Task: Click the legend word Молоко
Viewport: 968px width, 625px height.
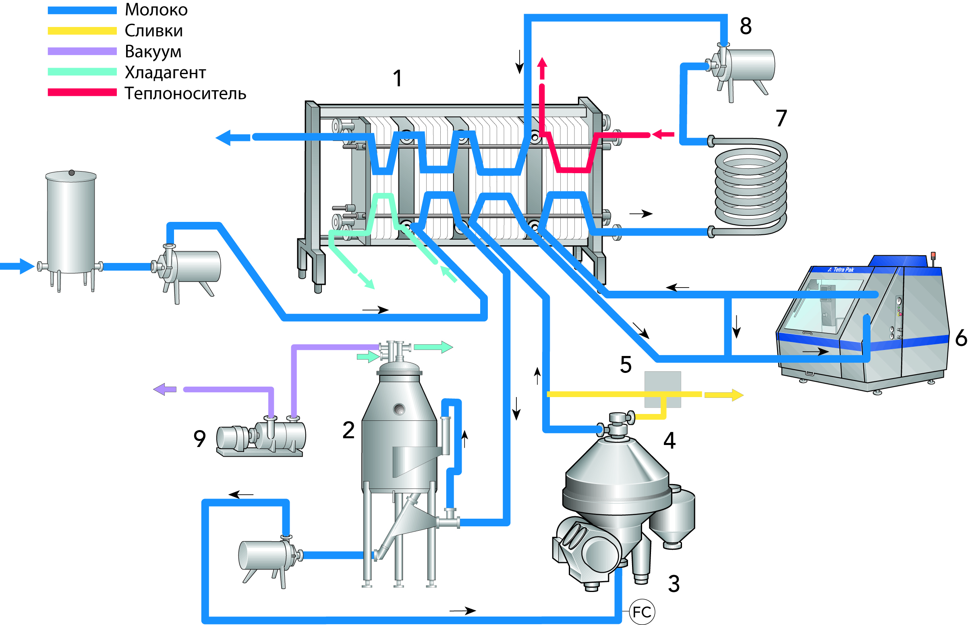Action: tap(156, 10)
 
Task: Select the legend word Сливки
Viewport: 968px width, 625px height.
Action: tap(153, 31)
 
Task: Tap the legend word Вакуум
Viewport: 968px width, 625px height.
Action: tap(153, 52)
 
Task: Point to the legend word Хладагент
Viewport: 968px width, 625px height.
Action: tap(165, 72)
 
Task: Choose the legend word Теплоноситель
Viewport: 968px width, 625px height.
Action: tap(185, 94)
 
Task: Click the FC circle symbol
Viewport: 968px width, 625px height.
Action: tap(641, 612)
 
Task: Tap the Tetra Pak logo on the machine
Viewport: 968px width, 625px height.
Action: tap(841, 269)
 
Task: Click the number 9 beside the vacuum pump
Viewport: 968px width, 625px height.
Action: tap(199, 439)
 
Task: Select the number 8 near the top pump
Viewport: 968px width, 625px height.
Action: tap(746, 26)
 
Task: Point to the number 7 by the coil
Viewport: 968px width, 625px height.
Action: tap(781, 118)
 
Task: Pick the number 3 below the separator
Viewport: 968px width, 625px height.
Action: tap(674, 584)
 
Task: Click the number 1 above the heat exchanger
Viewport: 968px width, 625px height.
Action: tap(397, 79)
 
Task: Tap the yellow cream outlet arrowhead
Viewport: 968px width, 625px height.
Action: tap(737, 395)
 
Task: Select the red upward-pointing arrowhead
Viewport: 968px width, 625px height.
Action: tap(542, 63)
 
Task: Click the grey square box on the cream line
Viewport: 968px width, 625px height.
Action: tap(662, 389)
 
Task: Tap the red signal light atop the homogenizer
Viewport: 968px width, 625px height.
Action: tap(933, 255)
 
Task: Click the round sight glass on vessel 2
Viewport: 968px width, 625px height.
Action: tap(399, 409)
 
